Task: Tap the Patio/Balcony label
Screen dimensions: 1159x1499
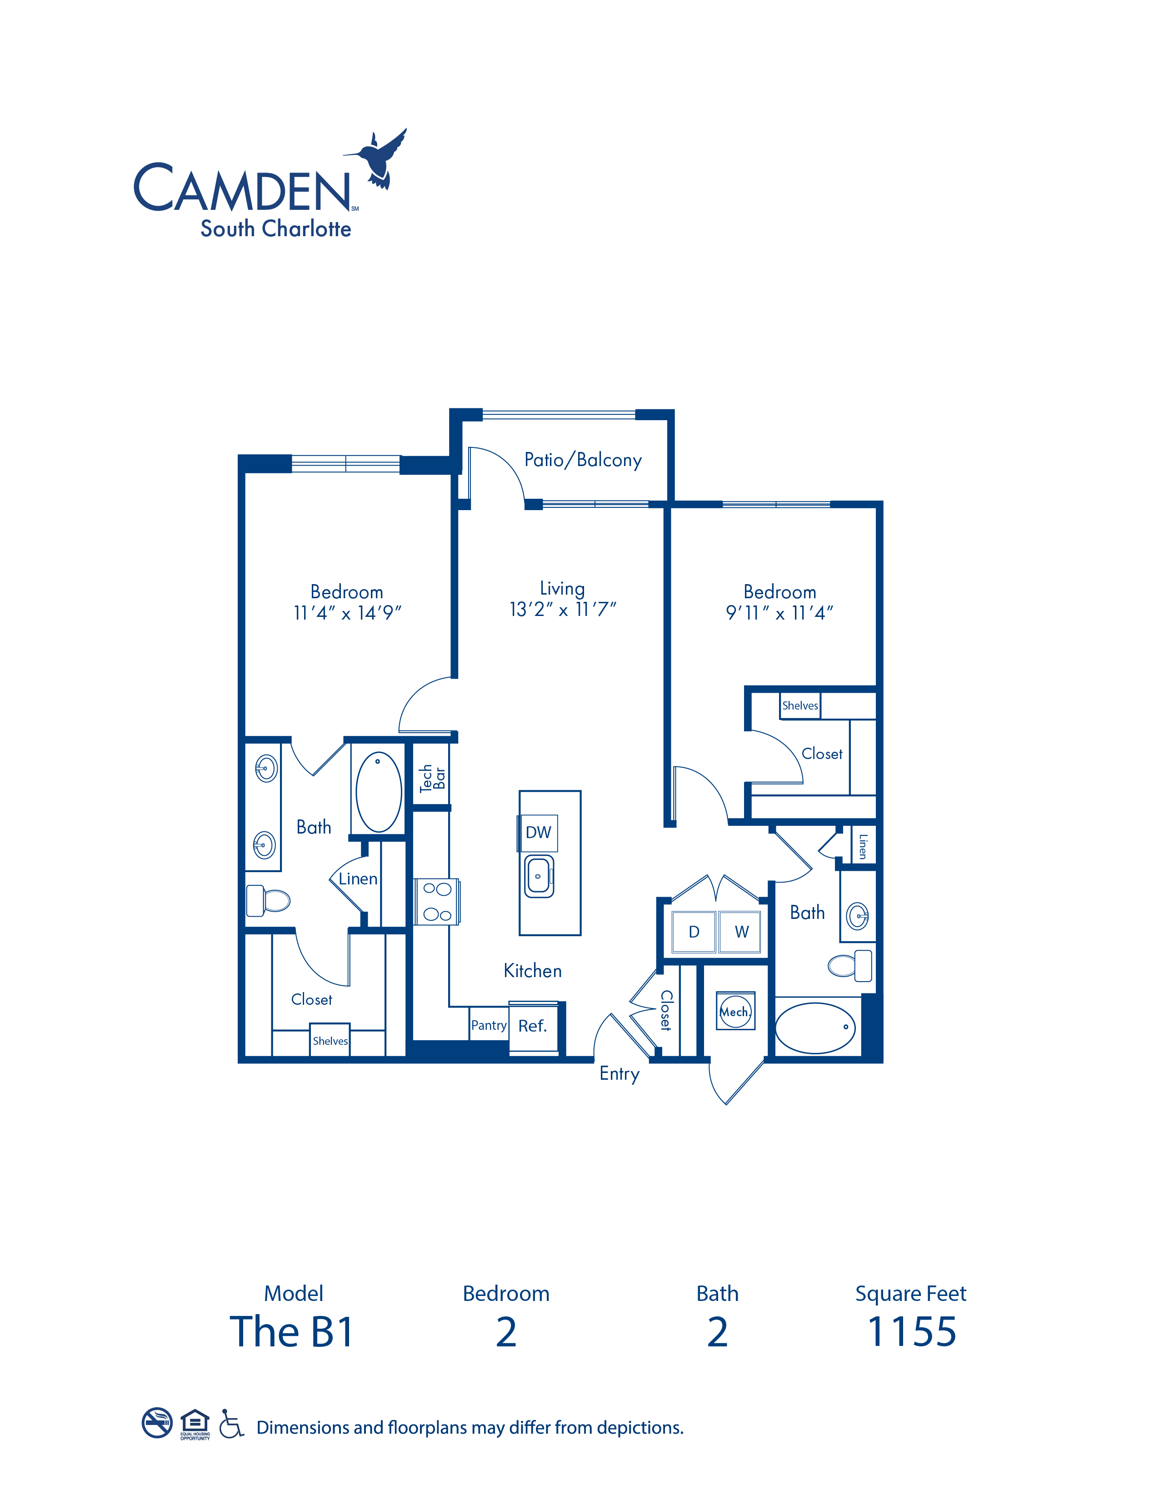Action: click(x=583, y=460)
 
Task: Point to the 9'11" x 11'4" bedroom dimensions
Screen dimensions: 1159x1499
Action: click(x=779, y=613)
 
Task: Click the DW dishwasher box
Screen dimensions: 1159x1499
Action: click(x=538, y=833)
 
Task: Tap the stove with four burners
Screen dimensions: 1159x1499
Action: click(x=437, y=902)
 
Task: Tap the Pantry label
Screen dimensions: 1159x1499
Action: click(x=489, y=1025)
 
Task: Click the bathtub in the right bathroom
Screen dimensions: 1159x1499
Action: click(x=815, y=1027)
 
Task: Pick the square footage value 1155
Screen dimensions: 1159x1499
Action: click(x=912, y=1332)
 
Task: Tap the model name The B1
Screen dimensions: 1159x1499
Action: click(x=292, y=1332)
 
